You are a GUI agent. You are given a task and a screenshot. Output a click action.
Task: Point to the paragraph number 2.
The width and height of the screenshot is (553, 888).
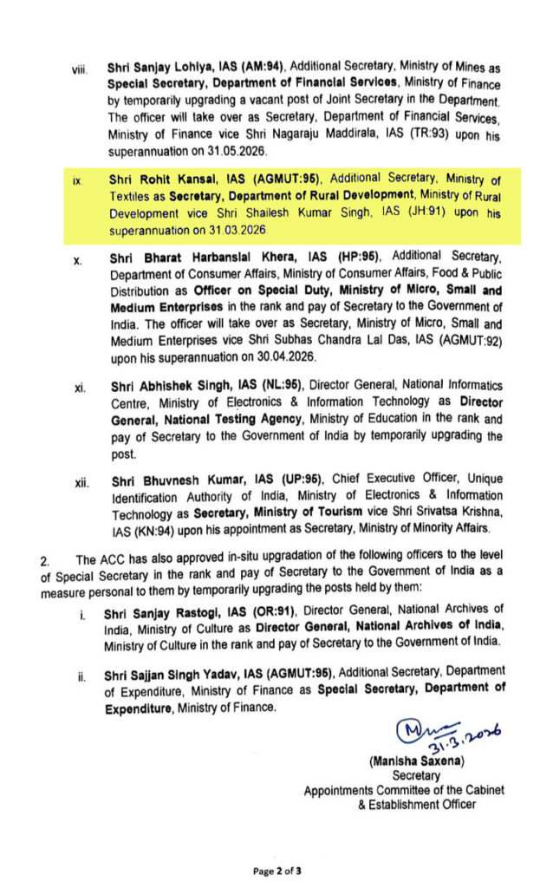coord(45,560)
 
